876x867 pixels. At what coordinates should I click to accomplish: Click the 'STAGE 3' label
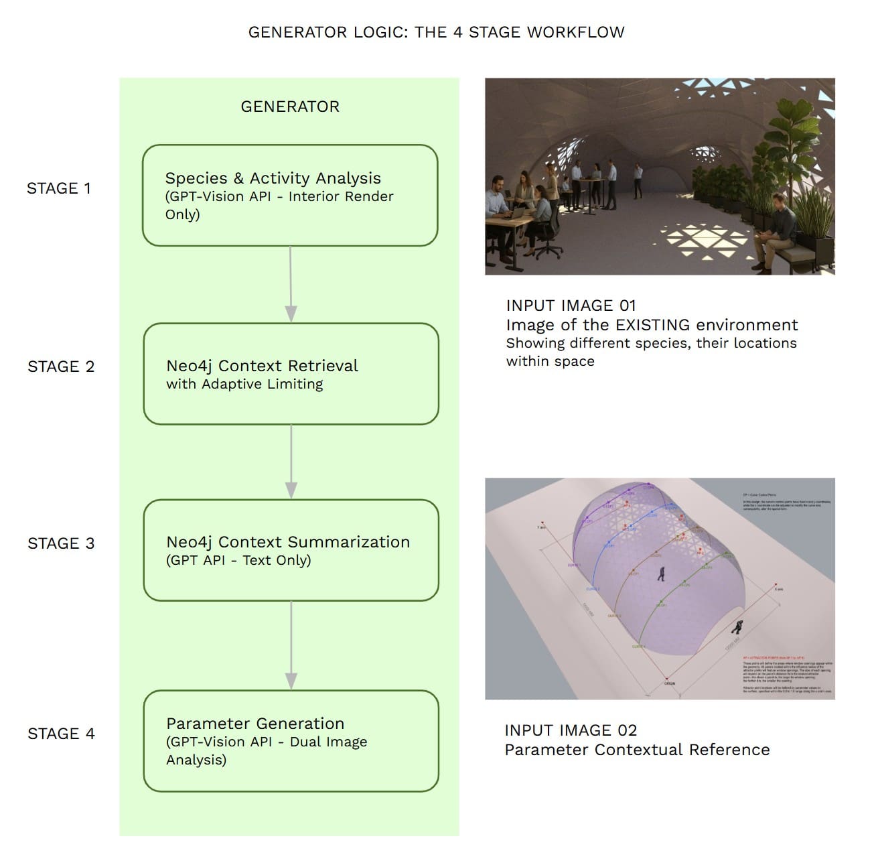[61, 543]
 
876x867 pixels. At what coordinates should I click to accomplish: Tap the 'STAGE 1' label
[59, 188]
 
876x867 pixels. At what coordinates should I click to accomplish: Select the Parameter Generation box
[291, 740]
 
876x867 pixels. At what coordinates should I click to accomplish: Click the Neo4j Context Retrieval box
[291, 374]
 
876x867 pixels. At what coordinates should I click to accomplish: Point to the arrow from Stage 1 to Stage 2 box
[291, 284]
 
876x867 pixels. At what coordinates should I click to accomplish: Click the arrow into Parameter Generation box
[291, 646]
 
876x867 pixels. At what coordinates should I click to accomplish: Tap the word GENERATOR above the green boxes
[290, 107]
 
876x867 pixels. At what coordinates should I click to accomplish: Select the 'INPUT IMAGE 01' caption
[571, 306]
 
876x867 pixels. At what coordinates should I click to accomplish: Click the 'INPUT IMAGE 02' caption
[571, 730]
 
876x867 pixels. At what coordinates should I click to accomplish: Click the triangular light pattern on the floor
[697, 241]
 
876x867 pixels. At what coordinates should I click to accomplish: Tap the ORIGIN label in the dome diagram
[669, 683]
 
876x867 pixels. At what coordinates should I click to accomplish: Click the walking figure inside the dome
[662, 573]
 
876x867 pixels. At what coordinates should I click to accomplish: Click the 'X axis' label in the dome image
[778, 589]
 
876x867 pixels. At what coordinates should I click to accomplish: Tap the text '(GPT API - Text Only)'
[238, 560]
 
